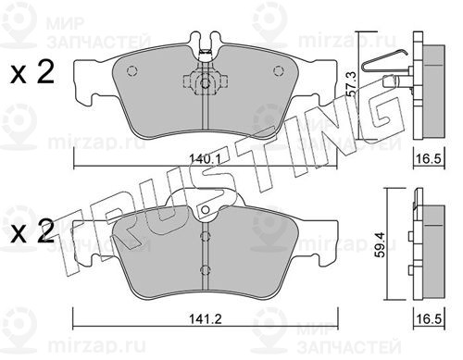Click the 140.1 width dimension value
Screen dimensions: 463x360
tap(205, 159)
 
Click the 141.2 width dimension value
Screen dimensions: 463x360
tap(206, 318)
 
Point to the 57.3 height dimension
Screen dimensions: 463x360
tap(351, 84)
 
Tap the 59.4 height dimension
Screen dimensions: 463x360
tap(382, 245)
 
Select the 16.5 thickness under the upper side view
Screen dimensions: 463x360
tap(429, 159)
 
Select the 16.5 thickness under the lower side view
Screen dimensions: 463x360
tap(429, 318)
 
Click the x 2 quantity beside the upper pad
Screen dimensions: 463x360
tap(32, 73)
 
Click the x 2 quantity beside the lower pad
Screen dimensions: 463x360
tap(32, 232)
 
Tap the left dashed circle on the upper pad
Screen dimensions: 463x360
tap(131, 71)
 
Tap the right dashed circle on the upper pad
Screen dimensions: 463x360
tap(278, 71)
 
